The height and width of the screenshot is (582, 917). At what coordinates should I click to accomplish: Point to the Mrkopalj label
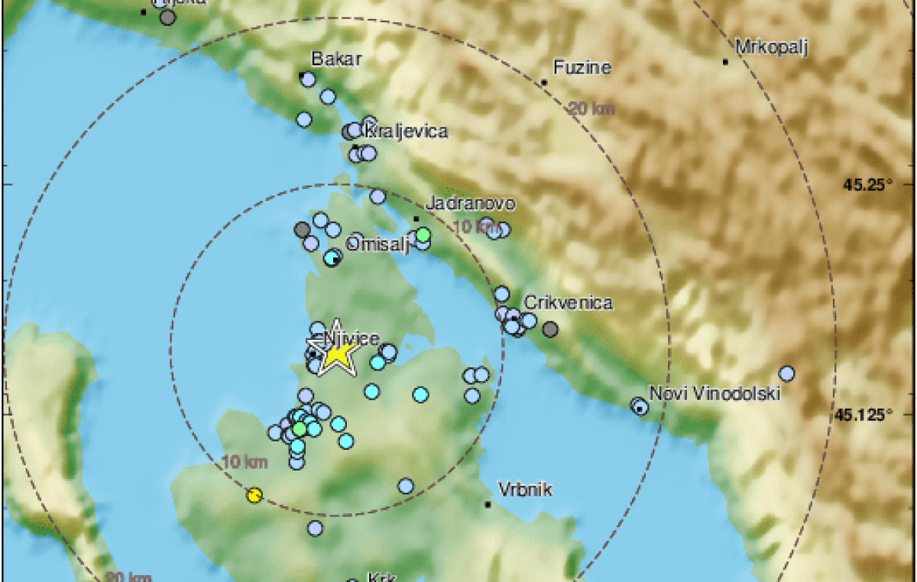772,47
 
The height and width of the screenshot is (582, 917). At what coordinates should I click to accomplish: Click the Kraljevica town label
406,132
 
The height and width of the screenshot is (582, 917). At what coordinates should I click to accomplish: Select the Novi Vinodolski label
714,394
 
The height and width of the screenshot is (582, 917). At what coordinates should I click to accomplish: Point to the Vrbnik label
524,489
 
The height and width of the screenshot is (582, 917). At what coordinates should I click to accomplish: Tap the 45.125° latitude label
863,415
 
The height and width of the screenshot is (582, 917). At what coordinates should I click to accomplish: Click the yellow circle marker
255,496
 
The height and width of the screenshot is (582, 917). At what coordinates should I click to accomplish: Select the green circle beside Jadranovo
423,234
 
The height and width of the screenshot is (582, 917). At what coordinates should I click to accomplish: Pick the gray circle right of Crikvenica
550,329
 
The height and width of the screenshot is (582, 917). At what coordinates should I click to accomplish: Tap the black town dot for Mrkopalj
725,61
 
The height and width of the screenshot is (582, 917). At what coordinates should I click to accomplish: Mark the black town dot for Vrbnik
488,504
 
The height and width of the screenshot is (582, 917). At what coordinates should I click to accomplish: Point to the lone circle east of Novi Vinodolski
786,373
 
